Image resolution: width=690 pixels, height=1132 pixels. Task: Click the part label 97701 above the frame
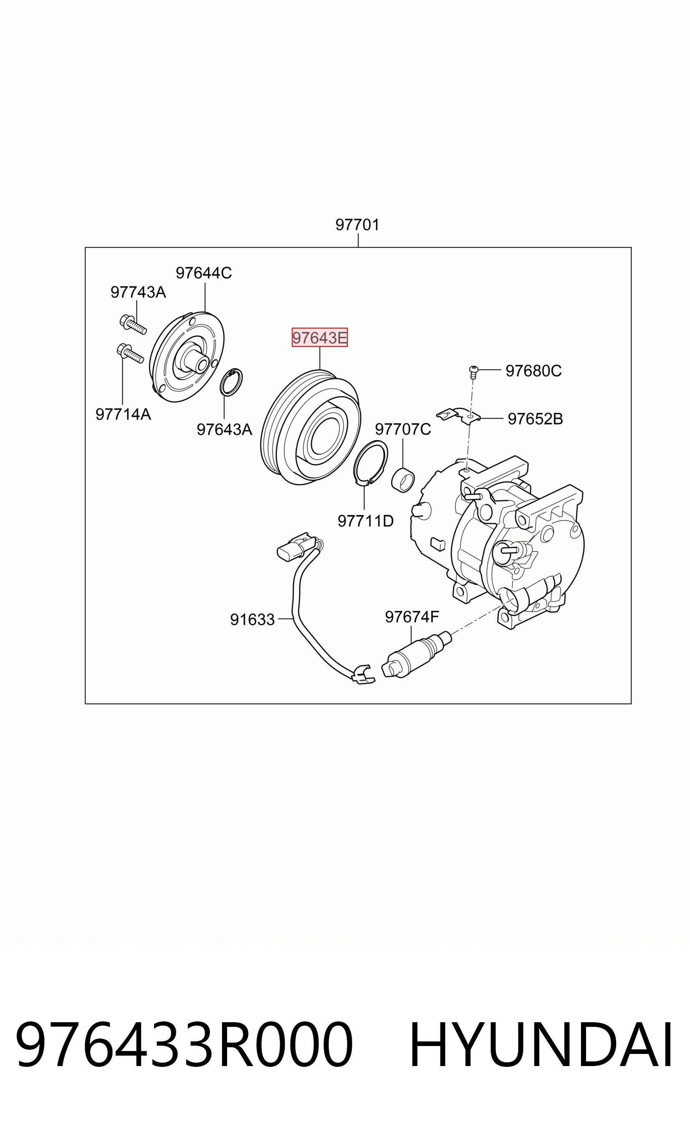pyautogui.click(x=357, y=225)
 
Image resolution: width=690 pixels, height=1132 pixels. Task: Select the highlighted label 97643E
pyautogui.click(x=320, y=338)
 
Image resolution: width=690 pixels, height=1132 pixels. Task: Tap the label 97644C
pyautogui.click(x=204, y=273)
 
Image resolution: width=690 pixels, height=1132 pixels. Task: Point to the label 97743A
pyautogui.click(x=138, y=292)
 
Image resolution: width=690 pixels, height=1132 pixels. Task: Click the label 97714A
pyautogui.click(x=123, y=414)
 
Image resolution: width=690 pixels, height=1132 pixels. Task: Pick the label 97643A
pyautogui.click(x=224, y=429)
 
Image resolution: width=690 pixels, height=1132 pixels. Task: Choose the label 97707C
pyautogui.click(x=403, y=429)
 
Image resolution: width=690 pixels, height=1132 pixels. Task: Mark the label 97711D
pyautogui.click(x=366, y=521)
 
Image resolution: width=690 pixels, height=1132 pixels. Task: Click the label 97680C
pyautogui.click(x=533, y=371)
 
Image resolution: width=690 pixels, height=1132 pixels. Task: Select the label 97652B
pyautogui.click(x=535, y=419)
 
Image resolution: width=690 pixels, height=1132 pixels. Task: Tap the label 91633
pyautogui.click(x=252, y=620)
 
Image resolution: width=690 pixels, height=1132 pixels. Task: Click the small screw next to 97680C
pyautogui.click(x=474, y=371)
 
